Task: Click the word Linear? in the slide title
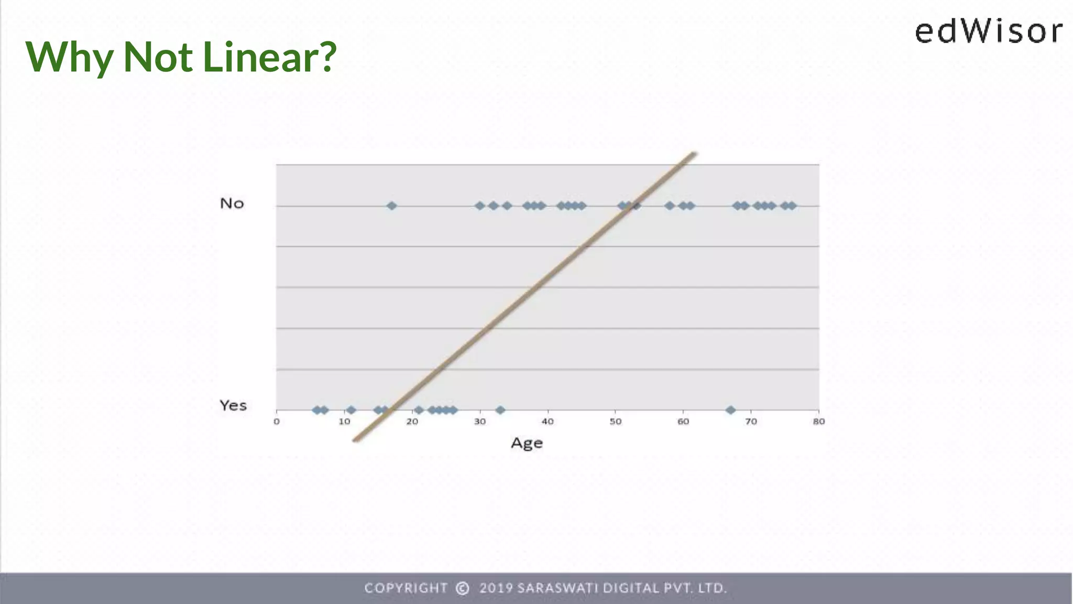[x=269, y=57]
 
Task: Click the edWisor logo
[x=988, y=31]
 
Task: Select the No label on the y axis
[x=232, y=203]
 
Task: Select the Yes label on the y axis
[x=233, y=405]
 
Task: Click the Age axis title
[x=527, y=444]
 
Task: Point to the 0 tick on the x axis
[x=277, y=422]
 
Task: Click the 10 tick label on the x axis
[x=344, y=422]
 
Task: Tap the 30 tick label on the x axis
[x=480, y=422]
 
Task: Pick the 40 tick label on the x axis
[x=548, y=422]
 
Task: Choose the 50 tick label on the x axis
[x=616, y=422]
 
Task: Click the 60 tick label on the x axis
[x=683, y=422]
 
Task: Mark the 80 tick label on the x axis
[x=819, y=422]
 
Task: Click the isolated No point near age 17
[x=391, y=206]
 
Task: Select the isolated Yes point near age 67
[x=730, y=410]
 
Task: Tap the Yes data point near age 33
[x=500, y=410]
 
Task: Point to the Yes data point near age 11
[x=351, y=410]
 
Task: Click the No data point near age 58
[x=670, y=206]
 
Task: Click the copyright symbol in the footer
[x=463, y=588]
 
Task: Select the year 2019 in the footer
[x=496, y=588]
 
